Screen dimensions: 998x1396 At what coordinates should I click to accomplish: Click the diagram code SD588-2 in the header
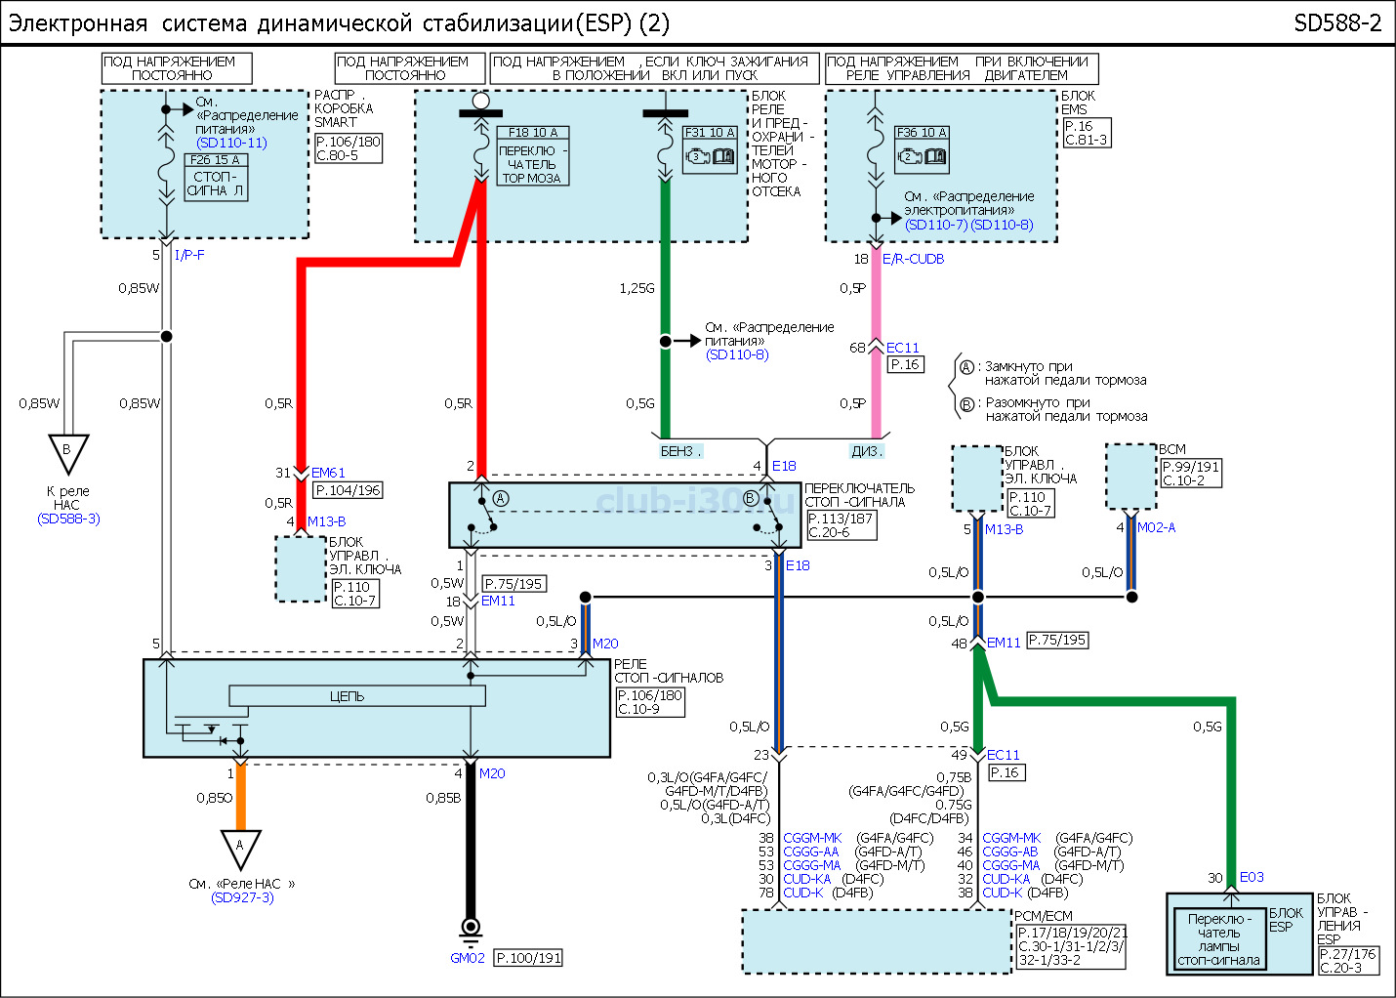pos(1337,23)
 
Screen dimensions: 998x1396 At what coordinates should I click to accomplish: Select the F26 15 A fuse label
pos(216,160)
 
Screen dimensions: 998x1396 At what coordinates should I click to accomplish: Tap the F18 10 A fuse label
pos(533,133)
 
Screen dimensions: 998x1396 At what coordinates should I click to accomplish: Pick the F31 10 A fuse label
pos(710,133)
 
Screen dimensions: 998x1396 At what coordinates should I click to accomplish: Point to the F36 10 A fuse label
pos(922,133)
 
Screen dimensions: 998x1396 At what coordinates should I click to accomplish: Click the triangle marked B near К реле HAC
pos(68,452)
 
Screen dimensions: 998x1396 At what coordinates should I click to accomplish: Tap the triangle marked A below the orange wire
pos(239,847)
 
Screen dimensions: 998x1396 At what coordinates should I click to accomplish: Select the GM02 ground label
pos(468,958)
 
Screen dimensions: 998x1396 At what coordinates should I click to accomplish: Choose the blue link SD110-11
pos(231,143)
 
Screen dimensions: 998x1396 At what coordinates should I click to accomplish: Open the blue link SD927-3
pos(242,897)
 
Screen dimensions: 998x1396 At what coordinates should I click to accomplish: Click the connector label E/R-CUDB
pos(913,259)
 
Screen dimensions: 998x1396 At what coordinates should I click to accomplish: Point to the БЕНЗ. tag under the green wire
pos(680,451)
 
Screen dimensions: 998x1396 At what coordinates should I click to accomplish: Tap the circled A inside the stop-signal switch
pos(501,498)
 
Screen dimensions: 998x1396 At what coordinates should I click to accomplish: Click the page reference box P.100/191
pos(528,958)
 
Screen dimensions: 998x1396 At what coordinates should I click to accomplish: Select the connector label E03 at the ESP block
pos(1251,877)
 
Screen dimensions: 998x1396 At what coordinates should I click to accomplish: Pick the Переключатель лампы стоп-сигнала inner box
pos(1219,939)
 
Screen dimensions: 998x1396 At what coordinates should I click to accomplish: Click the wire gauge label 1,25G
pos(636,288)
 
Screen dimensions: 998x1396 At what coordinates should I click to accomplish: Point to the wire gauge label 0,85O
pos(215,798)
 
